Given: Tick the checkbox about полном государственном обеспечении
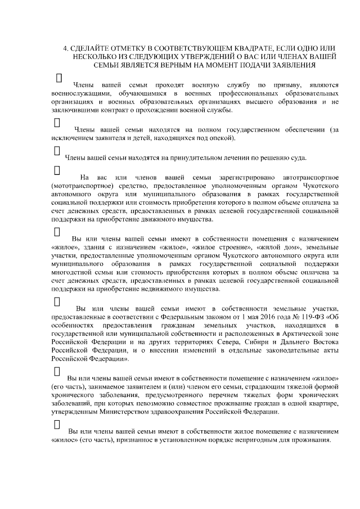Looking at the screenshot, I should pyautogui.click(x=57, y=121).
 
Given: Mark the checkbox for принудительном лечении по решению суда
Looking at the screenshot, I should pyautogui.click(x=57, y=150).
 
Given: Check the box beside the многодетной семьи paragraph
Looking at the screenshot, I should pyautogui.click(x=57, y=231).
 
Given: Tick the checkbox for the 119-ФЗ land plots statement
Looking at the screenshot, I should pyautogui.click(x=57, y=300).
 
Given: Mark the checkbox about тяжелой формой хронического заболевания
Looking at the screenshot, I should pyautogui.click(x=57, y=371).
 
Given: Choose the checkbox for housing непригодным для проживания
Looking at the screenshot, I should pyautogui.click(x=57, y=424).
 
